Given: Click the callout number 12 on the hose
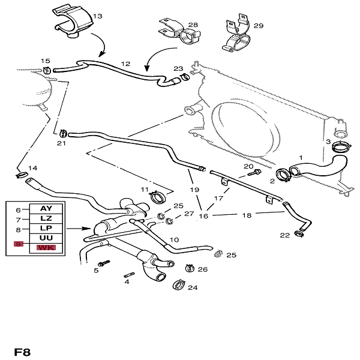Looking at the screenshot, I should (125, 63).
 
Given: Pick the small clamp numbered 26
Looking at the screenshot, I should (190, 268).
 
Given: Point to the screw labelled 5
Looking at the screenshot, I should (106, 263).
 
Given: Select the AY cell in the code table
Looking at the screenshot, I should (46, 208).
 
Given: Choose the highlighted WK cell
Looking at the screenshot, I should (46, 247).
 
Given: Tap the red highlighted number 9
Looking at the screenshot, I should (18, 245).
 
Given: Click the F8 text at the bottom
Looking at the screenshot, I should (22, 352).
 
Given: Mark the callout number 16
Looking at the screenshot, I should (204, 215).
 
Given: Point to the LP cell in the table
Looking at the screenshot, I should (46, 229).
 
